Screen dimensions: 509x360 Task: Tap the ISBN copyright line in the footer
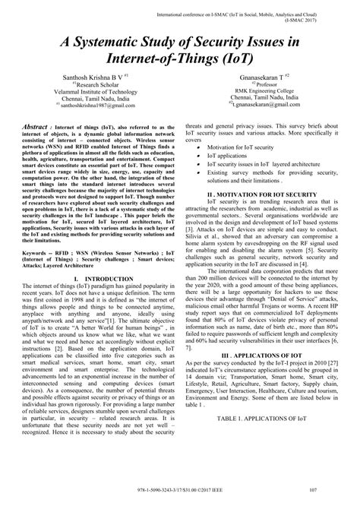click(x=180, y=499)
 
